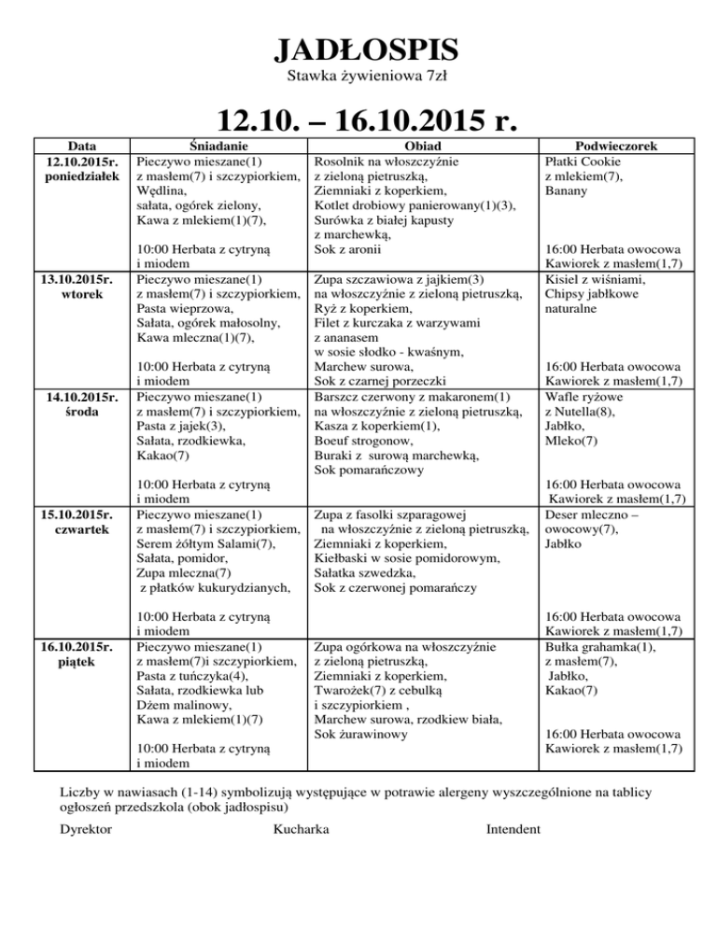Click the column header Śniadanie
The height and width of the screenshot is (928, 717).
(x=218, y=146)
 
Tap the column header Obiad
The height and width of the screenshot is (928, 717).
(x=423, y=146)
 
